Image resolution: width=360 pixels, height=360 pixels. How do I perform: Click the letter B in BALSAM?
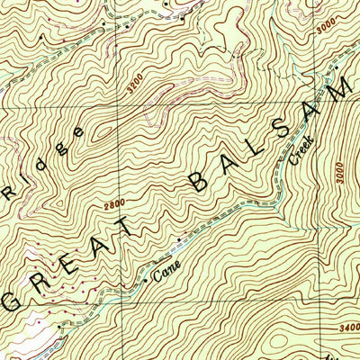(x=199, y=185)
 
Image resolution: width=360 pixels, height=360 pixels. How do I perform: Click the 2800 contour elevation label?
(x=114, y=205)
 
